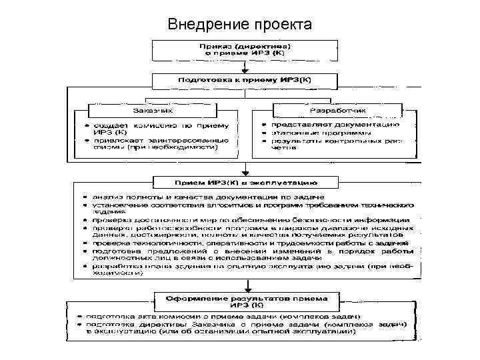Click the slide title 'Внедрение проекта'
[240, 25]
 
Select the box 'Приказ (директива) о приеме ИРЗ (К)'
[247, 48]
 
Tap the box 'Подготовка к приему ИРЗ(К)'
[247, 80]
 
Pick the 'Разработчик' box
[337, 110]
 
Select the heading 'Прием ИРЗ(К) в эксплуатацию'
[246, 181]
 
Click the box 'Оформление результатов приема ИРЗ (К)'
[246, 299]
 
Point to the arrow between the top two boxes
[247, 65]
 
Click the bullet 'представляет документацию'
[334, 125]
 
